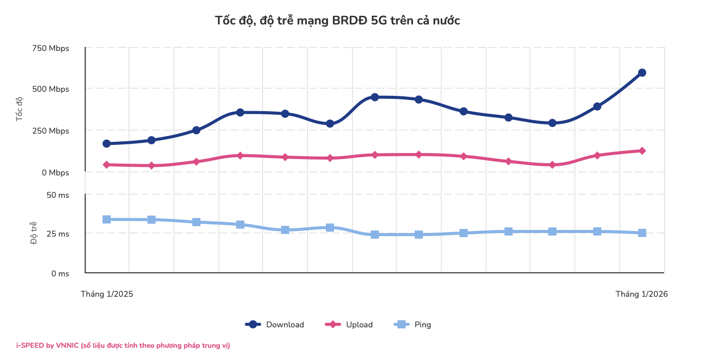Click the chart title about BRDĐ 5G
(337, 20)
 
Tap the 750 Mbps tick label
(50, 48)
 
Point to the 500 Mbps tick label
(50, 89)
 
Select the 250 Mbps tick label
(50, 131)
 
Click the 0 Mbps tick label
(56, 173)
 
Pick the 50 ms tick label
(58, 195)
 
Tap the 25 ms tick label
(58, 234)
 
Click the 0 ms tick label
(60, 274)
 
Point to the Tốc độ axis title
(20, 109)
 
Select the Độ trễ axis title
(34, 233)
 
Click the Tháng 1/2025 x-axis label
(107, 294)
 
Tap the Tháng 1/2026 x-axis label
(642, 294)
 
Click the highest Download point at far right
(642, 73)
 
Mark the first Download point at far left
(107, 144)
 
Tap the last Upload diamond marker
(642, 151)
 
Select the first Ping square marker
(107, 219)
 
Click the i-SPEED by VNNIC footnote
(123, 346)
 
